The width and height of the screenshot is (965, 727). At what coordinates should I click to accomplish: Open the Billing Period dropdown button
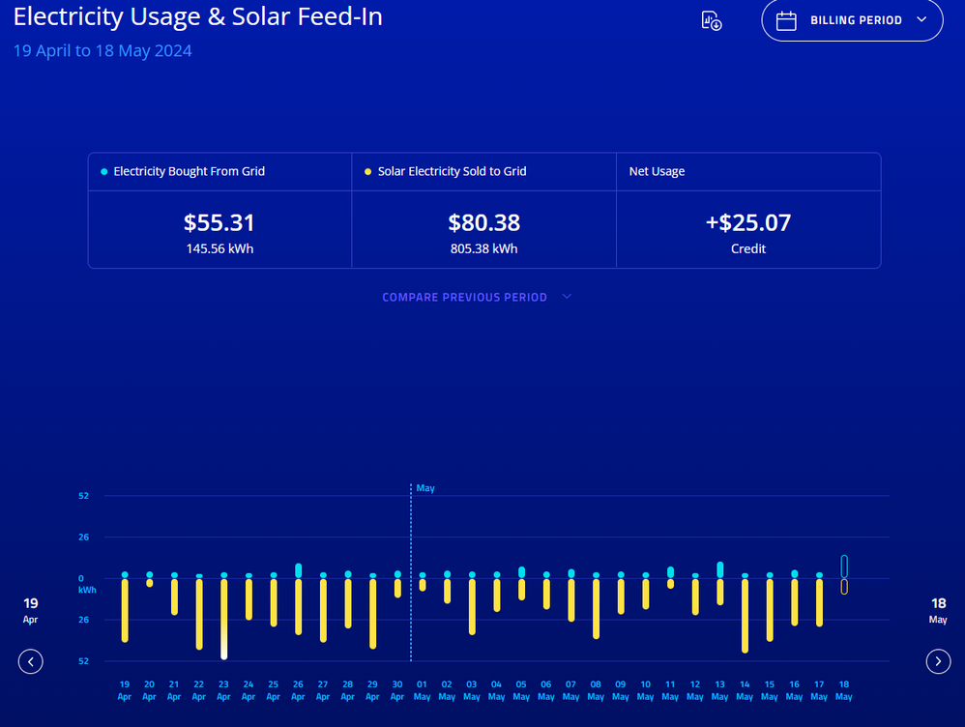[852, 20]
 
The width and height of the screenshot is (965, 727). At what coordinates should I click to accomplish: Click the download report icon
[711, 20]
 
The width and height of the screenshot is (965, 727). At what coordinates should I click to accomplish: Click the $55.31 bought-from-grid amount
[219, 222]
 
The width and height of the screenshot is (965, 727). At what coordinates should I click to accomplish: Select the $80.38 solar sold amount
[483, 222]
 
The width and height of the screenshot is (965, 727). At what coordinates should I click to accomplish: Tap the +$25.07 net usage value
[748, 222]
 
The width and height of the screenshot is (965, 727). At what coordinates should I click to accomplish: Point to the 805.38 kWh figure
[483, 248]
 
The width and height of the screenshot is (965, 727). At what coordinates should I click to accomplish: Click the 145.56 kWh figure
[219, 248]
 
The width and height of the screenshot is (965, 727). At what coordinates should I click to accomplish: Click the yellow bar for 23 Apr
[224, 619]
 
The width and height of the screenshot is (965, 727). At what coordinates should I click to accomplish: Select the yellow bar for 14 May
[745, 615]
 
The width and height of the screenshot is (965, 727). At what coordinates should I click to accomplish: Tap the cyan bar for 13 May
[720, 569]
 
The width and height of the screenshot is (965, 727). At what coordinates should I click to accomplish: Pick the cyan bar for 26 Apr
[299, 570]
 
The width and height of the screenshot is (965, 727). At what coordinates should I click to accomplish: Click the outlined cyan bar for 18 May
[844, 566]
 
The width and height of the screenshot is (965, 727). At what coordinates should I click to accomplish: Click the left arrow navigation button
[31, 661]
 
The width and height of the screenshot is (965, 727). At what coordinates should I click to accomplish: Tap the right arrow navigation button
[938, 661]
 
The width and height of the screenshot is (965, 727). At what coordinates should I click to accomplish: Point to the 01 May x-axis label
[423, 690]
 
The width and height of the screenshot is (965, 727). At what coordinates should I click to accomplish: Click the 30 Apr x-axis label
[397, 690]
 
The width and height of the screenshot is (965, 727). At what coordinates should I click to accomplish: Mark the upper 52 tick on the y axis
[83, 496]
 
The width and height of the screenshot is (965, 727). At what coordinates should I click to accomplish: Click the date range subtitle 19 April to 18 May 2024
[102, 50]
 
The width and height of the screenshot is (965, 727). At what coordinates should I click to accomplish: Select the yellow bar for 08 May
[596, 608]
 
